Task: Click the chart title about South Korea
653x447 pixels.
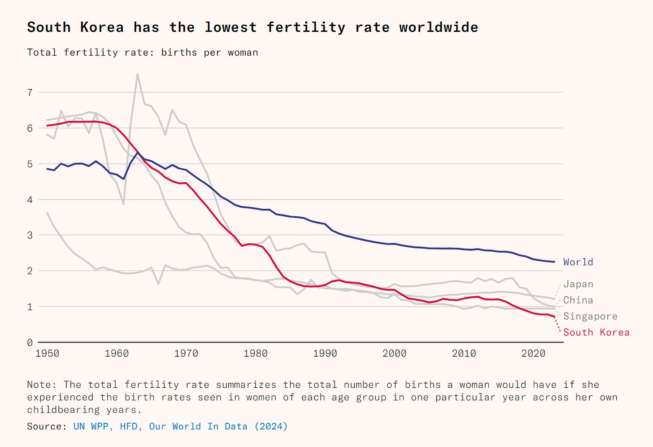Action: point(252,27)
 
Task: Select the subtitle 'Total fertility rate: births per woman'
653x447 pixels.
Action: point(143,53)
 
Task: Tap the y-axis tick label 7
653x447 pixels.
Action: point(30,92)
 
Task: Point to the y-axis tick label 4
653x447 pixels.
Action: point(30,200)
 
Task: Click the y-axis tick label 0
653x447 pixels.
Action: point(30,343)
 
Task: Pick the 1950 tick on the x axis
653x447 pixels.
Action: point(47,354)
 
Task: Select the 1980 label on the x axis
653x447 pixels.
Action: point(256,354)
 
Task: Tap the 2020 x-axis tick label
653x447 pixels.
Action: point(533,354)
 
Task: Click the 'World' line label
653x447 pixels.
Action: point(578,262)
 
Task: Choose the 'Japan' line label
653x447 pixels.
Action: point(578,284)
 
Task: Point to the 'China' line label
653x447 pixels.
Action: point(578,300)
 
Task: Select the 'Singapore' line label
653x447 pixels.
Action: point(590,316)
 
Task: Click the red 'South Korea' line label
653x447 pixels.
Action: point(596,333)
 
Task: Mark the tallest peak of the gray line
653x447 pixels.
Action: point(137,74)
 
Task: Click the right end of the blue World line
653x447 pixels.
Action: point(554,262)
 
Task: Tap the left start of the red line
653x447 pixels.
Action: point(47,126)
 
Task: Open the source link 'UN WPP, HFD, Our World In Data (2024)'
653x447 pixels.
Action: point(180,426)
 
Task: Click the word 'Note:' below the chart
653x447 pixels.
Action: point(42,385)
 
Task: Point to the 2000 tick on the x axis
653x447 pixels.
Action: point(395,354)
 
